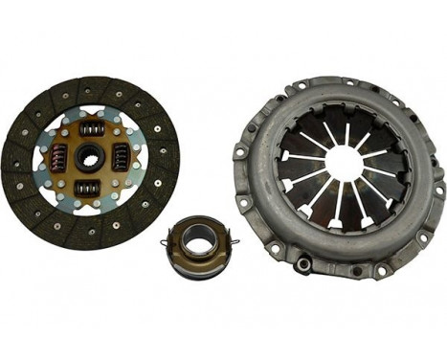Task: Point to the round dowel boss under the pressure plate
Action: pyautogui.click(x=305, y=261)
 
